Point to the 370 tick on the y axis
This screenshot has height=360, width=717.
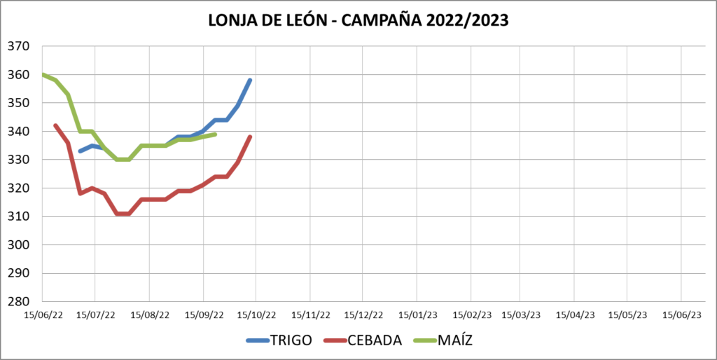point(18,46)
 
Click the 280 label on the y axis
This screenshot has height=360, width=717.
point(18,302)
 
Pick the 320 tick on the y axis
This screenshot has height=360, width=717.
point(18,188)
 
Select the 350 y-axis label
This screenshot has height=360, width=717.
point(18,103)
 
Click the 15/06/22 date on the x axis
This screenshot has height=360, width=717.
point(43,315)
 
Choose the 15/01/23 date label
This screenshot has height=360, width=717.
point(417,315)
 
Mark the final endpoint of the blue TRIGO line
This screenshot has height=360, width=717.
point(250,81)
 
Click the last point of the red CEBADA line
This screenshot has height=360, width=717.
point(250,137)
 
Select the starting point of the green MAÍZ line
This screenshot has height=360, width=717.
point(43,74)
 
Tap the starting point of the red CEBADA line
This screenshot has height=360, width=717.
point(55,125)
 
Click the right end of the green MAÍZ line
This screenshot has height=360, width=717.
point(215,134)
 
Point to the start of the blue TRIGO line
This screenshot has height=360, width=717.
point(80,151)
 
